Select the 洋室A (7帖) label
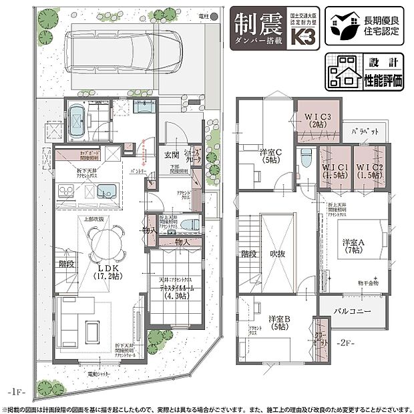coord(353,244)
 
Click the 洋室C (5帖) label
coord(271,156)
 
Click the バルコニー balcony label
coord(353,312)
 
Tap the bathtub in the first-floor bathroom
coord(78,120)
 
